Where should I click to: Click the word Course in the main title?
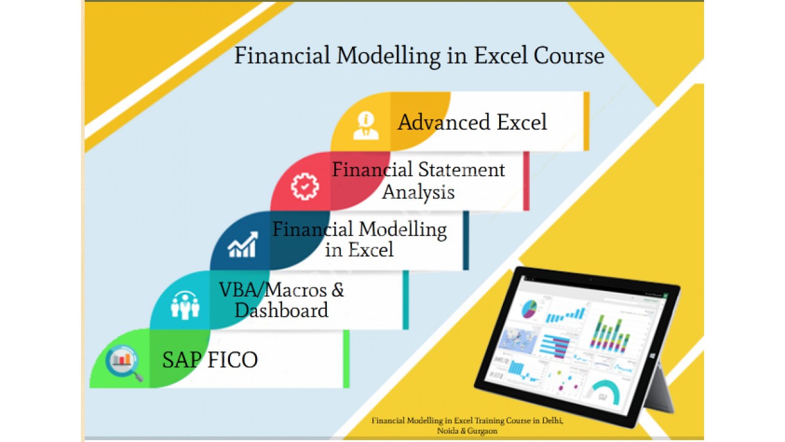[569, 56]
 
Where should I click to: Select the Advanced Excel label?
[472, 122]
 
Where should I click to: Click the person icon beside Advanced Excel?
[366, 126]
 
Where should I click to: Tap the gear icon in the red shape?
[305, 186]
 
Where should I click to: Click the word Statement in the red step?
[462, 170]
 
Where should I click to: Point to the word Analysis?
[418, 192]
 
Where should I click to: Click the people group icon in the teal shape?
[185, 305]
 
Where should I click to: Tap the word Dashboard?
[281, 310]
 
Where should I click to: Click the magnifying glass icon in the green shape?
[124, 362]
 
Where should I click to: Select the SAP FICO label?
[210, 360]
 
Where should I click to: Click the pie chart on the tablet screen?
[529, 309]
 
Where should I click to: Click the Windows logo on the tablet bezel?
[653, 356]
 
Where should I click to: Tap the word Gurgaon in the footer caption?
[482, 431]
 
